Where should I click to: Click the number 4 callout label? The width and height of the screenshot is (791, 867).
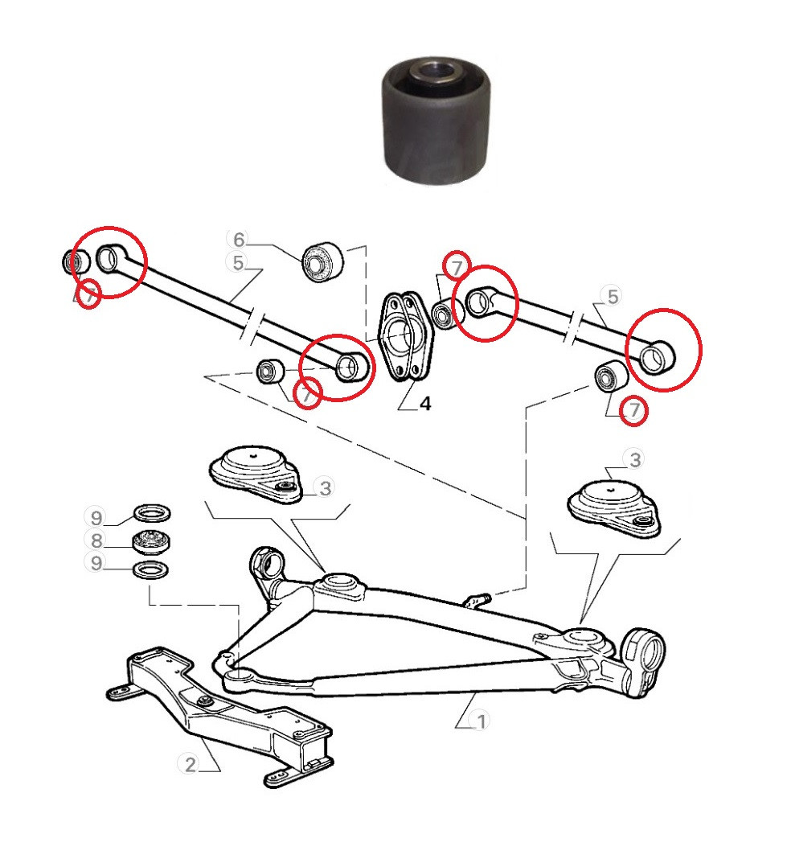coord(424,404)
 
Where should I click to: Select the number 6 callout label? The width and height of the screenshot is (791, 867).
coord(239,240)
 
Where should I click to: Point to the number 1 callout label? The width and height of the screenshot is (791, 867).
coord(481,721)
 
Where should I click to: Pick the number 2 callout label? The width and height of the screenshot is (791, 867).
coord(191,764)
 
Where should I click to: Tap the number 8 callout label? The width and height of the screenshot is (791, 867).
coord(96,540)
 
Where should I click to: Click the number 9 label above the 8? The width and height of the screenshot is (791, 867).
coord(96,518)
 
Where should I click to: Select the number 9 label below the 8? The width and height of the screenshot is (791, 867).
coord(96,563)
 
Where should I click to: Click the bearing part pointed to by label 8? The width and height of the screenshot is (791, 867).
coord(152,541)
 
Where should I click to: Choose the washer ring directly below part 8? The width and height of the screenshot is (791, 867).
coord(150,569)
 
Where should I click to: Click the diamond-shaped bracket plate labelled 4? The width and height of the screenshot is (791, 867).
coord(405,336)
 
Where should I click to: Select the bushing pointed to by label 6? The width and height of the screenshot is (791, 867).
coord(323,261)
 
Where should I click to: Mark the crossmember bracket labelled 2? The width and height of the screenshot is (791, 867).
coord(220,714)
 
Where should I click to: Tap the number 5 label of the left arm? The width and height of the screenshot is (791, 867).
coord(238,263)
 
